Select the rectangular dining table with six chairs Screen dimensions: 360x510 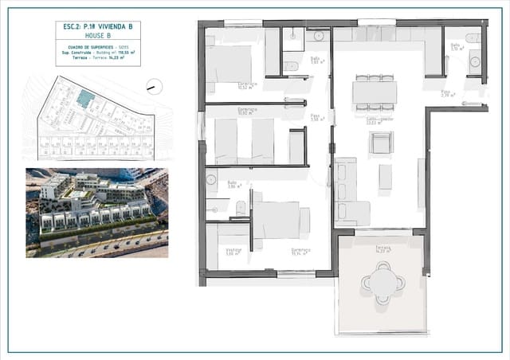[x=375, y=92]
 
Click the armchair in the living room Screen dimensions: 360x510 [x=380, y=143]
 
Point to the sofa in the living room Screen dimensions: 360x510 [x=347, y=191]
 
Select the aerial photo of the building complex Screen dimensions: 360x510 [x=96, y=212]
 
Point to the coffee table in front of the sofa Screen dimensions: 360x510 [x=385, y=176]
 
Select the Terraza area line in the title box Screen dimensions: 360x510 [x=87, y=59]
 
